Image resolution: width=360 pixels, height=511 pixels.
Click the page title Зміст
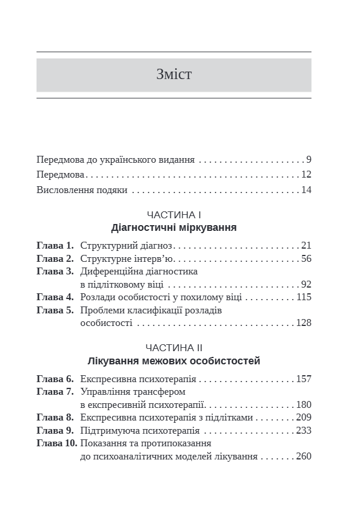tap(173, 74)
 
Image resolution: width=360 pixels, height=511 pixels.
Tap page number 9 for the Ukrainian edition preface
tap(308, 160)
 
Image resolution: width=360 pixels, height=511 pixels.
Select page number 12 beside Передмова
tap(306, 175)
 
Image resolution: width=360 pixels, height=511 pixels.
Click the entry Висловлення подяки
tap(81, 190)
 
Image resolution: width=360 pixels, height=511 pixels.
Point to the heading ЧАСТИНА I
tap(173, 215)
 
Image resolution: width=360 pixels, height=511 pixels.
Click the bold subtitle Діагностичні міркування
tap(173, 228)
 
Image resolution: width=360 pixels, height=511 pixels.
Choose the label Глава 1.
tap(55, 246)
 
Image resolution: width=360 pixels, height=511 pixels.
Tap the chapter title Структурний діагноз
tap(126, 246)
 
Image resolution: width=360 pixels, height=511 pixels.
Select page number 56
tap(306, 259)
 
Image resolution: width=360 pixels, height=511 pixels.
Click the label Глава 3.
tap(55, 272)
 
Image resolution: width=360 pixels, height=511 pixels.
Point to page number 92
tap(306, 284)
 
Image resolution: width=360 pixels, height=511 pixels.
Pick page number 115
tap(303, 297)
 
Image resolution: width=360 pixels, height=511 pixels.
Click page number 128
tap(303, 323)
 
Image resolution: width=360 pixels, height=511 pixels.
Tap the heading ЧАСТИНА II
tap(173, 348)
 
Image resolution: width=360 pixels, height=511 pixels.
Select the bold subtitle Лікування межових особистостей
tap(173, 361)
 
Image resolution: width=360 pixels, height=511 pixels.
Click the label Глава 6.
tap(55, 379)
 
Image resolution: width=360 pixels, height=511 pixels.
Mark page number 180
tap(303, 404)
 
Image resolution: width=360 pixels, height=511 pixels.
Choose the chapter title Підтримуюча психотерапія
tap(140, 430)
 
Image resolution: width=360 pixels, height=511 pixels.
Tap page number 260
tap(303, 457)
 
